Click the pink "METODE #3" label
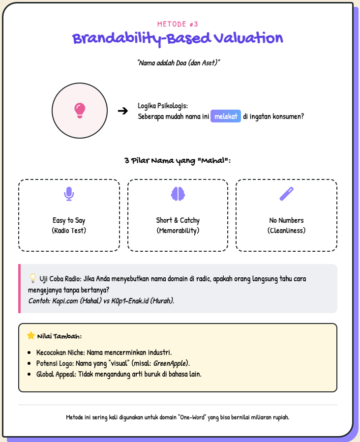click(178, 24)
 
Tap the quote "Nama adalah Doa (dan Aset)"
click(179, 63)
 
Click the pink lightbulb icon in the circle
click(79, 111)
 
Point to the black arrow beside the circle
click(123, 111)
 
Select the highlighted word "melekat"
click(226, 117)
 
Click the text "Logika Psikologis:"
click(163, 106)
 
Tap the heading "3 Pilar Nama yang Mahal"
click(178, 161)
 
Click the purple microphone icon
click(69, 194)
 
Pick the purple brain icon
click(178, 194)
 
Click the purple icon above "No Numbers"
click(286, 194)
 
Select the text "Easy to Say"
click(69, 220)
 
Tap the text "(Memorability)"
click(178, 230)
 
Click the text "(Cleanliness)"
click(286, 230)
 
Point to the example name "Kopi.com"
click(65, 300)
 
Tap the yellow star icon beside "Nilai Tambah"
click(31, 336)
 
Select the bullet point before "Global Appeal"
click(30, 374)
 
